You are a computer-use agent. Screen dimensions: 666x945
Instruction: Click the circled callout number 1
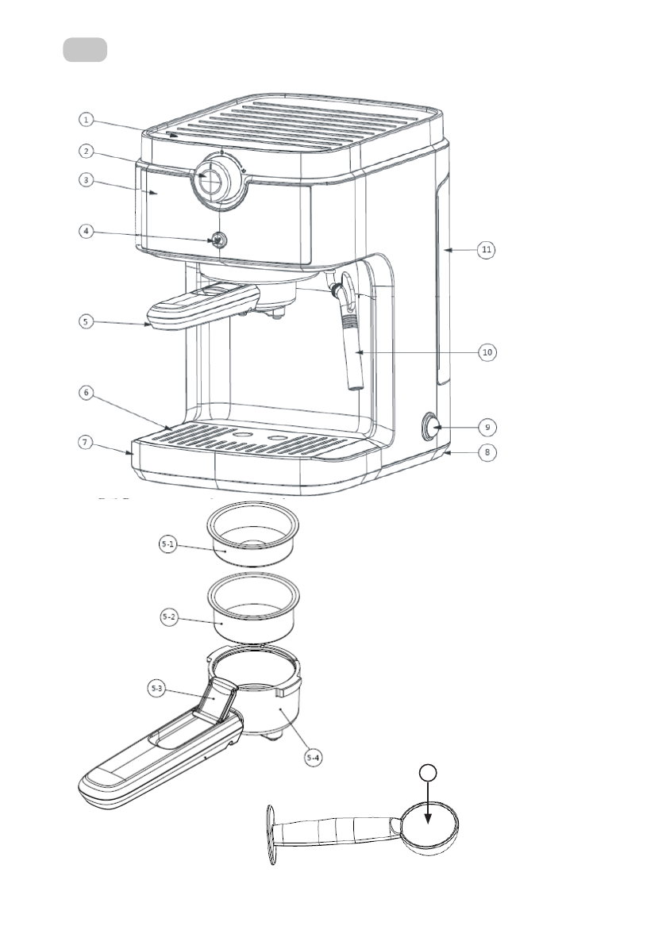[87, 119]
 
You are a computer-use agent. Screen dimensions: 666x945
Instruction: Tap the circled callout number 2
[87, 151]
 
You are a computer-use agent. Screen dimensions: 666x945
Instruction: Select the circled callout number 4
[87, 231]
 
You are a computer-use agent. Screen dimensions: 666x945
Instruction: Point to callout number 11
[487, 249]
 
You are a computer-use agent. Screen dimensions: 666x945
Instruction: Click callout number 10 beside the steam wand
[487, 352]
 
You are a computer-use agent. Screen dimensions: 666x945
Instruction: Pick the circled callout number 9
[487, 428]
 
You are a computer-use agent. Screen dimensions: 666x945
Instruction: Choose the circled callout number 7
[86, 443]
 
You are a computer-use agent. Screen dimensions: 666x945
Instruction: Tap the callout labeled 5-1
[168, 545]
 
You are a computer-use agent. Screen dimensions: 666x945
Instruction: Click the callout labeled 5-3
[156, 688]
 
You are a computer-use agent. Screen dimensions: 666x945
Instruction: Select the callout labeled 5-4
[313, 758]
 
